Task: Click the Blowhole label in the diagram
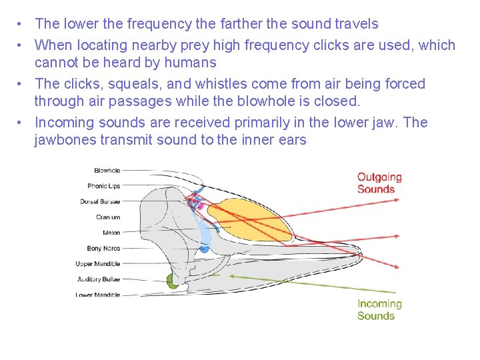coord(107,171)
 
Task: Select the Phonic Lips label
coord(103,186)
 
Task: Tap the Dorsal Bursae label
coord(100,201)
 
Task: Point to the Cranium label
coord(108,217)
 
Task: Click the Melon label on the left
coord(111,233)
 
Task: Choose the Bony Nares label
coord(103,248)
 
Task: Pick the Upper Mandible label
coord(98,264)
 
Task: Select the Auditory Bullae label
coord(99,279)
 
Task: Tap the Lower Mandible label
coord(98,295)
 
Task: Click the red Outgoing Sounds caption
coord(379,183)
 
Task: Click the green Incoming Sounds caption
coord(379,309)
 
